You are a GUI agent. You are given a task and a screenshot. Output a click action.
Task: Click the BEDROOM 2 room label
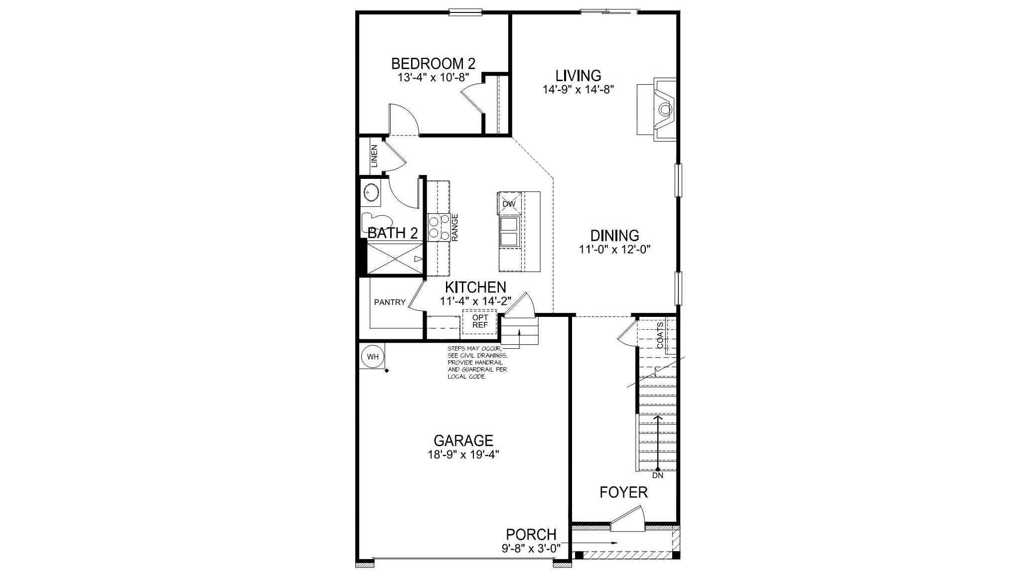[433, 64]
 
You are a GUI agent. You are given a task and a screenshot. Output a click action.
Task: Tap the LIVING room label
[578, 76]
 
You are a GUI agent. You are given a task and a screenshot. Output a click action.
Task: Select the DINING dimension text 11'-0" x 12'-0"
[615, 249]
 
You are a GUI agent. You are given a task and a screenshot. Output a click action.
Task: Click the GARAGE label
[463, 440]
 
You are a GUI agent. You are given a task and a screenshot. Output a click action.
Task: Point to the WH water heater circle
[373, 357]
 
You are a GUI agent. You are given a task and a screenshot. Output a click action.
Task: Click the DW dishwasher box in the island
[509, 204]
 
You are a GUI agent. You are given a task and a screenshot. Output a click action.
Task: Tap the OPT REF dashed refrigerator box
[480, 321]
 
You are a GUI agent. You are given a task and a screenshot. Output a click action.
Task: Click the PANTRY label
[390, 302]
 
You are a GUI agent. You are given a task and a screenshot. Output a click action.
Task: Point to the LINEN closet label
[374, 155]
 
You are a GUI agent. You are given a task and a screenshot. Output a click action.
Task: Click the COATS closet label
[660, 335]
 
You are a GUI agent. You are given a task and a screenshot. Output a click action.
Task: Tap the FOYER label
[623, 492]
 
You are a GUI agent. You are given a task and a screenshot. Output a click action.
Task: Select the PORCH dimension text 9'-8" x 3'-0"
[531, 547]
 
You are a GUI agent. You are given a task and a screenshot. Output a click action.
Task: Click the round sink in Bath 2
[370, 192]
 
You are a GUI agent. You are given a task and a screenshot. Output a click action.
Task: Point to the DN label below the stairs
[658, 476]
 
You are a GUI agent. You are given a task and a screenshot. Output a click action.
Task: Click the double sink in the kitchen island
[509, 232]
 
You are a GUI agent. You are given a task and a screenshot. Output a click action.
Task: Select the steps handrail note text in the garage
[477, 363]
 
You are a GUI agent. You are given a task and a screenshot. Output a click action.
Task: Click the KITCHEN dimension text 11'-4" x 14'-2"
[475, 301]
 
